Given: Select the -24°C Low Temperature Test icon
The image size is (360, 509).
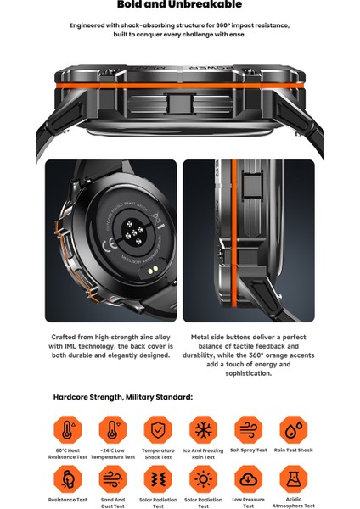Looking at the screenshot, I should tap(112, 429).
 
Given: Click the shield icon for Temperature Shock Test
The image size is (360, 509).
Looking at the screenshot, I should tap(158, 429).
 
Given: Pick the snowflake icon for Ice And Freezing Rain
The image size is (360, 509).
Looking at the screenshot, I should tap(204, 429).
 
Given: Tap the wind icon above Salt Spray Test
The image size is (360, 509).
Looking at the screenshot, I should tap(249, 429).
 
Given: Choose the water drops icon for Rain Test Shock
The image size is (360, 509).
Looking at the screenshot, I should tap(294, 429).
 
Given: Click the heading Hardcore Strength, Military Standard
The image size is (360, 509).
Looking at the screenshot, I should tap(122, 397).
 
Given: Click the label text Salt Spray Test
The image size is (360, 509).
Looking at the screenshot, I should tap(249, 450).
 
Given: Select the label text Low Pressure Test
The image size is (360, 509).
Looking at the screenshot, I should tap(249, 501).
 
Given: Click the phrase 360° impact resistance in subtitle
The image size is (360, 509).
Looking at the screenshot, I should tap(254, 25).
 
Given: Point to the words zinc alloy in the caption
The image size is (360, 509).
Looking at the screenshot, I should tap(154, 337).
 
